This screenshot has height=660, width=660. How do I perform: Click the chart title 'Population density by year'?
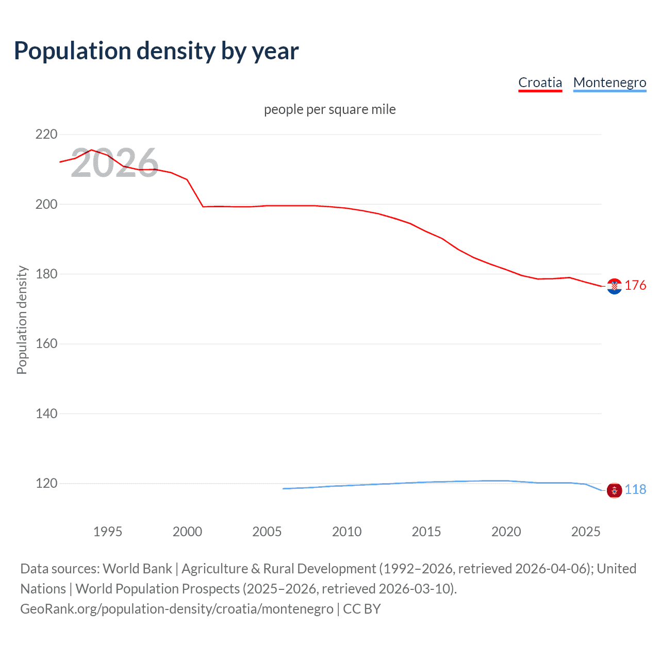pos(156,51)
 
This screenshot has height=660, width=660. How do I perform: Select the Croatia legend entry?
pos(540,82)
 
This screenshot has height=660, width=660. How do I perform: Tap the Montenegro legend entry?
pos(609,82)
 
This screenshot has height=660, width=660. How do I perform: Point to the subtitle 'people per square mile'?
pos(329,109)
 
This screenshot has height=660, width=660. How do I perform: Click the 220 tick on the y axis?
pos(46,135)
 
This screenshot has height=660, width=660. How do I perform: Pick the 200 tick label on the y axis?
pos(46,204)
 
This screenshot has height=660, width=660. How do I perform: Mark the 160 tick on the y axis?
pos(46,343)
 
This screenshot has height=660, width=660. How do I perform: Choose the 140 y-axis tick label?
pos(46,414)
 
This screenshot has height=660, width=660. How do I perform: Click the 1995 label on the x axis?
pos(108,532)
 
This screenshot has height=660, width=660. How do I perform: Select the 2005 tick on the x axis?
pos(267,532)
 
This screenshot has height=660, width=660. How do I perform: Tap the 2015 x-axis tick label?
pos(426,532)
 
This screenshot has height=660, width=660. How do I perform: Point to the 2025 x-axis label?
pos(586,532)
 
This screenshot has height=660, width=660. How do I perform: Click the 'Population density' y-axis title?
pos(22,320)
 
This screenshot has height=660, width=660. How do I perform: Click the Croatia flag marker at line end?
pos(614,286)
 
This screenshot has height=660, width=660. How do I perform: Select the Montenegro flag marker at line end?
pos(614,490)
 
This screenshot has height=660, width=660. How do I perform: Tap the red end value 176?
pos(635,286)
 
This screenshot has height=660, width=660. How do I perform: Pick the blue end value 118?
pos(635,490)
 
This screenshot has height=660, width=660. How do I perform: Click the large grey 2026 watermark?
pos(114,163)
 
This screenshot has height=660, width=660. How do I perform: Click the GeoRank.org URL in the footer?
pos(177,609)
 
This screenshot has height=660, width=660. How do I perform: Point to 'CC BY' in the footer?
pos(362,609)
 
